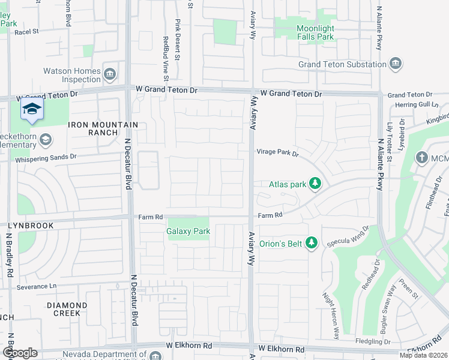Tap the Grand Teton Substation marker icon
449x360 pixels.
[395, 64]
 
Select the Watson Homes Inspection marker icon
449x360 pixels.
[109, 74]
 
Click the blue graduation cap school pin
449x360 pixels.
[32, 109]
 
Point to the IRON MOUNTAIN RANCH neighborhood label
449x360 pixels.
[103, 128]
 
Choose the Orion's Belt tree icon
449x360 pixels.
[310, 242]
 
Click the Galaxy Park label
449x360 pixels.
[188, 231]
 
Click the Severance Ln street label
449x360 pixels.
[36, 286]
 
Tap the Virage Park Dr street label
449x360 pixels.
[278, 153]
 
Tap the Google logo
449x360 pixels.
[20, 353]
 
